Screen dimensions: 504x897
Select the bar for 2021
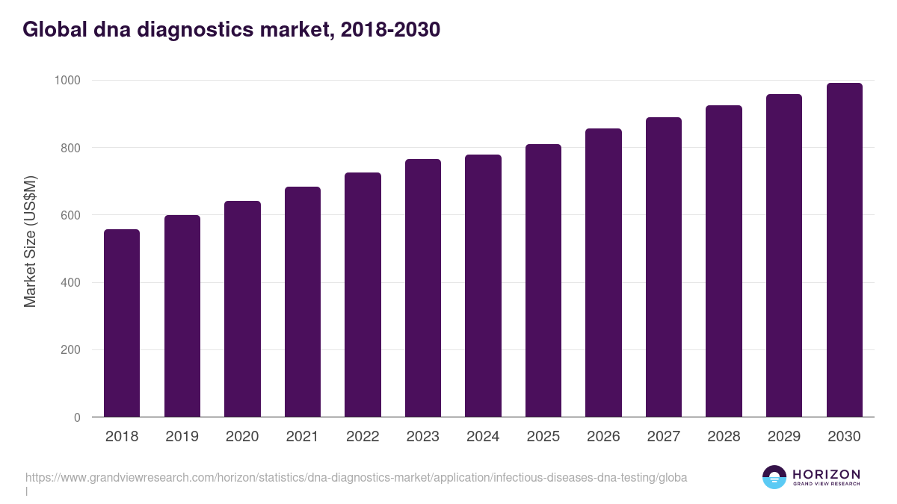[303, 302]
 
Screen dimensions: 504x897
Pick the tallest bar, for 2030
[844, 250]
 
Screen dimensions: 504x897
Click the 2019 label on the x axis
[182, 437]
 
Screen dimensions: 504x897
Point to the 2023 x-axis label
[423, 437]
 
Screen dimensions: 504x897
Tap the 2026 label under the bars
[603, 437]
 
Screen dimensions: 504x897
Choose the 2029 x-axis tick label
[784, 437]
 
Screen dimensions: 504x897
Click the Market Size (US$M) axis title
[30, 242]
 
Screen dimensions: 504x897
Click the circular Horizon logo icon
[774, 477]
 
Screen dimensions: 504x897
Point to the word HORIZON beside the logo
[826, 473]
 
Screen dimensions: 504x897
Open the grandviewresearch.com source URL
[356, 477]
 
